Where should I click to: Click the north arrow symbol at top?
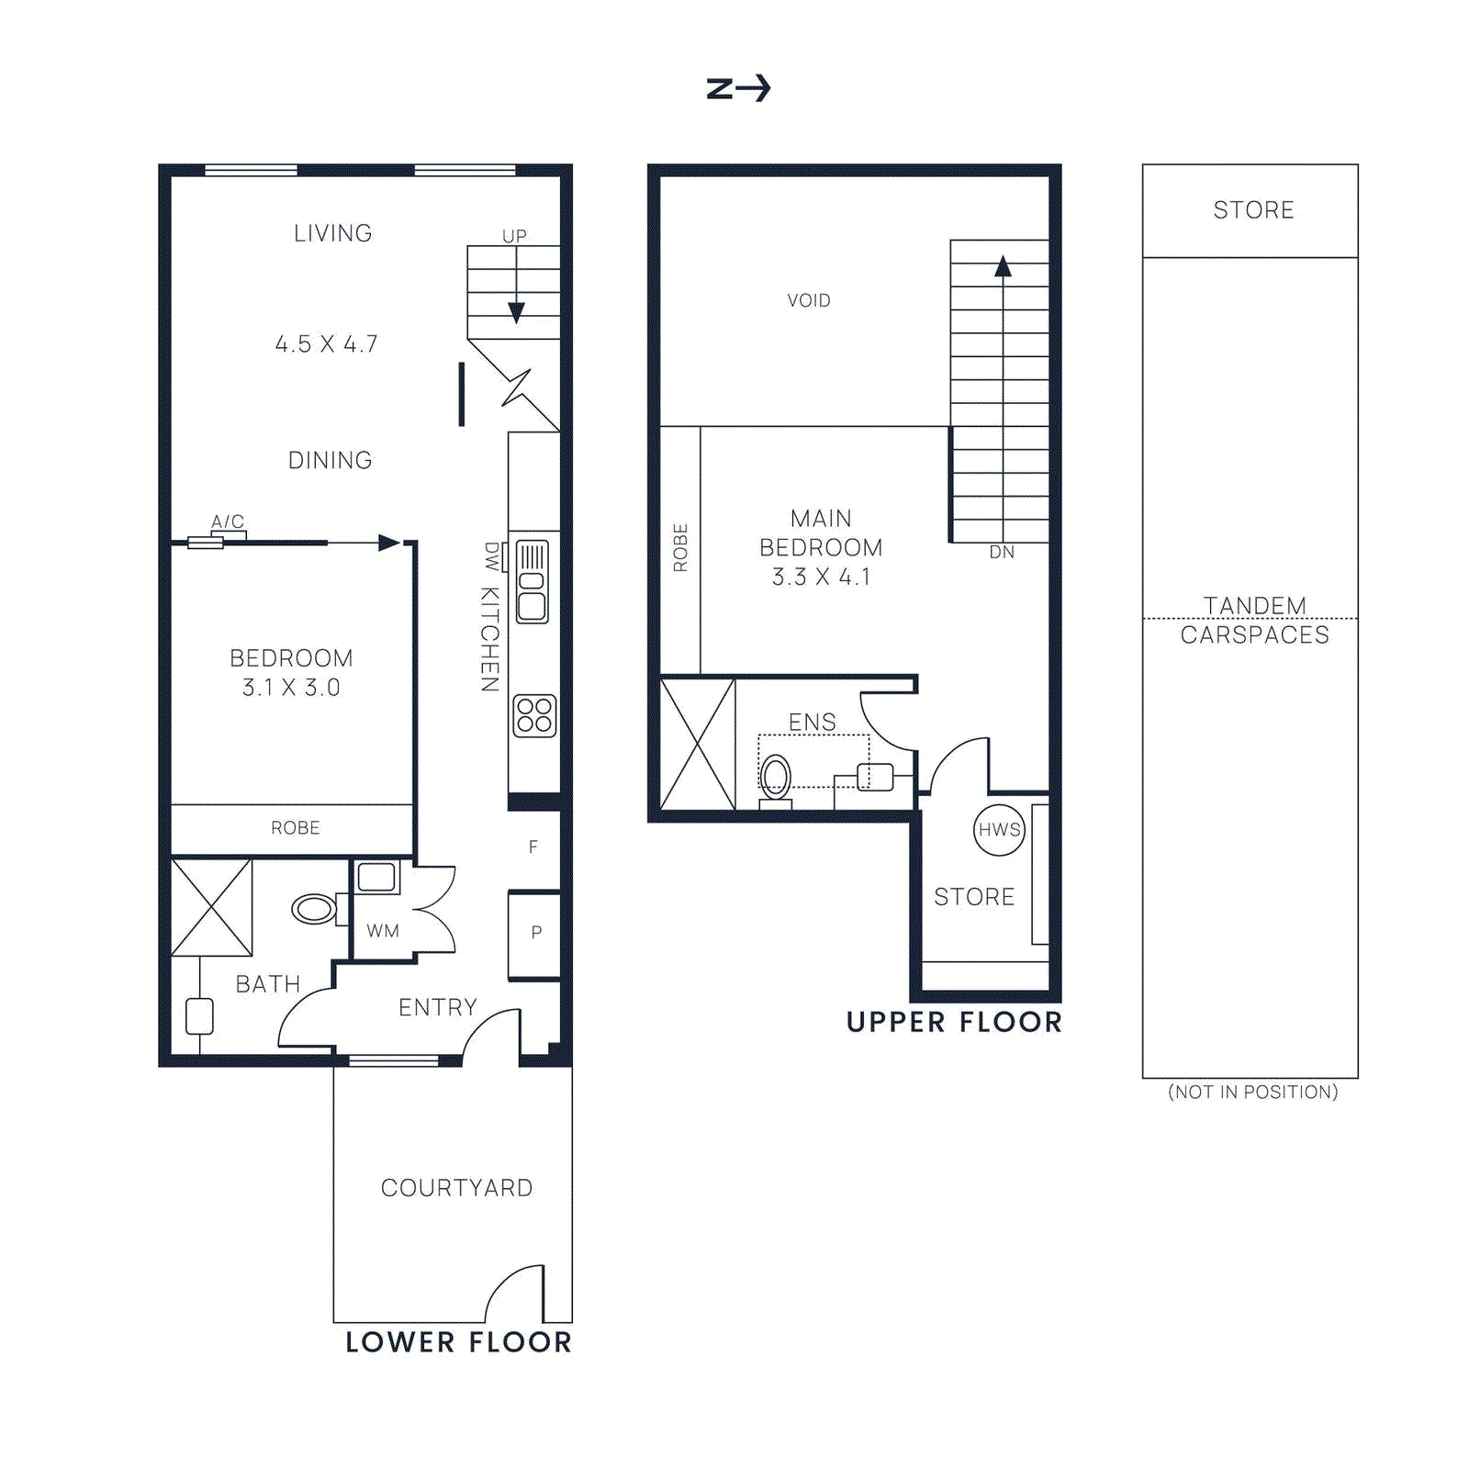[738, 88]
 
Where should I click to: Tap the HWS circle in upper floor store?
[999, 830]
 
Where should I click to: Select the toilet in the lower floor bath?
[314, 909]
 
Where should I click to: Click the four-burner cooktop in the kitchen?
[534, 715]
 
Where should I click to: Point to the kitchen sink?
[533, 582]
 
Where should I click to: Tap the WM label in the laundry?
[383, 931]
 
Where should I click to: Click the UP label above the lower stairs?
[514, 236]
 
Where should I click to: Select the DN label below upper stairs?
[1002, 553]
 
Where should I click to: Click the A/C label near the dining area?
[228, 521]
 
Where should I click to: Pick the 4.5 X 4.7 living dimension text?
[326, 344]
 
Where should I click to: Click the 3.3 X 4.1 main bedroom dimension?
[821, 578]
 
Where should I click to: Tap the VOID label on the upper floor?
[808, 300]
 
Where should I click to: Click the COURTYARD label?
[456, 1188]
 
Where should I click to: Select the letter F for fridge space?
[533, 847]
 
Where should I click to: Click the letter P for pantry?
[536, 932]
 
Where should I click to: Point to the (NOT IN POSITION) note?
[1252, 1092]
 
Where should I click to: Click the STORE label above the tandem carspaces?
[1253, 210]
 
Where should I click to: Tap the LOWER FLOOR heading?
[458, 1342]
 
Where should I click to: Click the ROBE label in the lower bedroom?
[295, 828]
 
